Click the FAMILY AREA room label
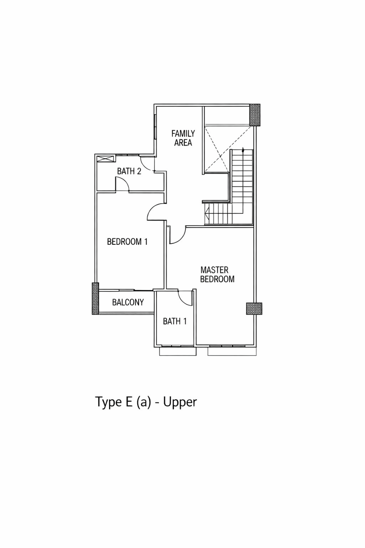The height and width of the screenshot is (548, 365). tap(183, 138)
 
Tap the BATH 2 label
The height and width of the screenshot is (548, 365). tap(129, 171)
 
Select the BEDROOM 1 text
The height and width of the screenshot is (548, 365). tap(127, 242)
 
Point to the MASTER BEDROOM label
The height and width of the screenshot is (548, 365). tap(218, 274)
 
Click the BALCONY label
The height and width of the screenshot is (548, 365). tap(128, 302)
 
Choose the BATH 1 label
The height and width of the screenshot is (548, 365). tap(175, 321)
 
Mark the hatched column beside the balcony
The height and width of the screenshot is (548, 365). tap(95, 298)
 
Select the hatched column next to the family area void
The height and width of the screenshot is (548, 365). tap(255, 115)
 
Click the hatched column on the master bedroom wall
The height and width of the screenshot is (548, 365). tap(253, 309)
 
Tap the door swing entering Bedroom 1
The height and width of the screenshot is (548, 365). tap(155, 212)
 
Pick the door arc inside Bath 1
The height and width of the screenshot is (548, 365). tap(185, 298)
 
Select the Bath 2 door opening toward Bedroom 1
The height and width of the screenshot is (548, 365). tap(122, 184)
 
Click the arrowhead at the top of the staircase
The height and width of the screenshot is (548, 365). tap(244, 150)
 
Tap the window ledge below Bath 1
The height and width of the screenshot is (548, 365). tap(177, 352)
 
